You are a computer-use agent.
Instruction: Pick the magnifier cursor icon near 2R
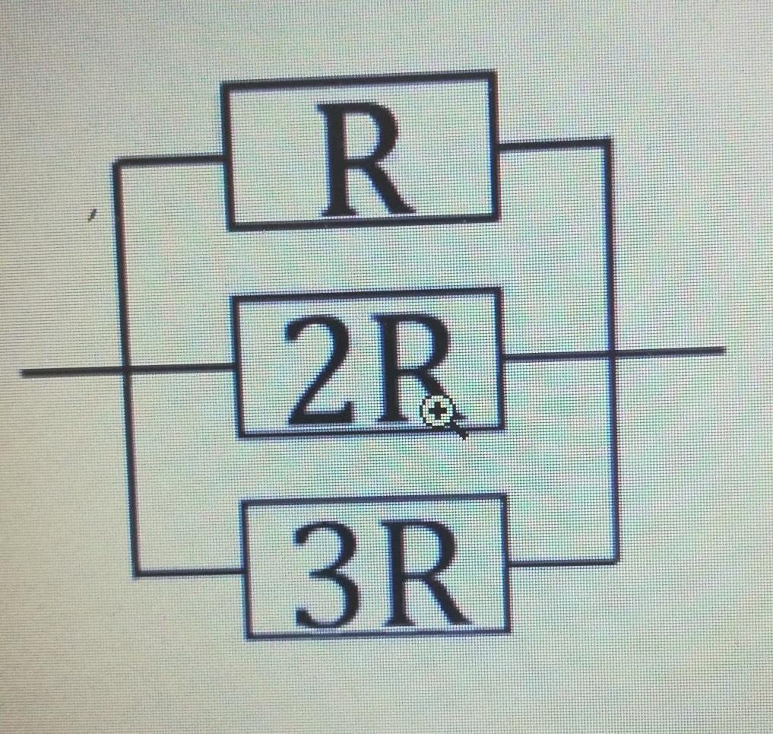(440, 414)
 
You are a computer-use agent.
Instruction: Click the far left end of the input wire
(24, 372)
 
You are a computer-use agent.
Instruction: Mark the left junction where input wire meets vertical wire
(126, 370)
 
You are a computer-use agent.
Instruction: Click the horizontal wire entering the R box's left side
(171, 160)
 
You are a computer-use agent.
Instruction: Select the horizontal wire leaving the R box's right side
(551, 143)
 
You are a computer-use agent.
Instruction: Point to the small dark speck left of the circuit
(92, 216)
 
